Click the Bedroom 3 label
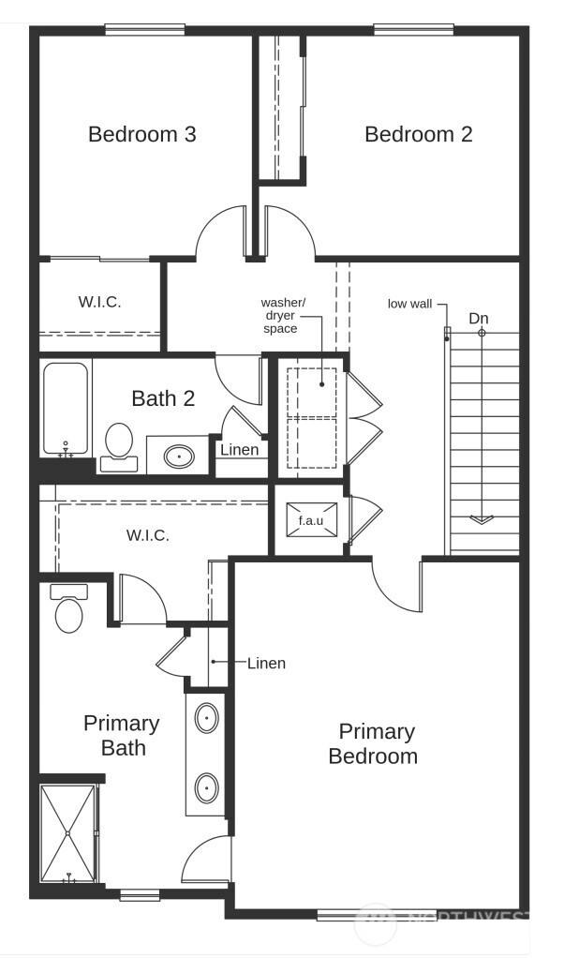pyautogui.click(x=141, y=134)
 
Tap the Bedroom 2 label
pyautogui.click(x=418, y=134)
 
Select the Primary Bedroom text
pyautogui.click(x=376, y=743)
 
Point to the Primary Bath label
pyautogui.click(x=121, y=735)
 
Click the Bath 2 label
pyautogui.click(x=163, y=398)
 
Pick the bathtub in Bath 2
pyautogui.click(x=66, y=409)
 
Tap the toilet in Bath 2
pyautogui.click(x=119, y=443)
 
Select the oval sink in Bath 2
pyautogui.click(x=178, y=457)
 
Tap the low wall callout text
pyautogui.click(x=410, y=304)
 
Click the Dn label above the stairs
pyautogui.click(x=479, y=318)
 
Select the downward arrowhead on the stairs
pyautogui.click(x=482, y=518)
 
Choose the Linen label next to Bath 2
pyautogui.click(x=239, y=450)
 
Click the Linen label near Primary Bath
pyautogui.click(x=266, y=663)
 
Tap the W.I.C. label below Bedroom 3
pyautogui.click(x=99, y=302)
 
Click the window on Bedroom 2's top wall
pyautogui.click(x=413, y=29)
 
